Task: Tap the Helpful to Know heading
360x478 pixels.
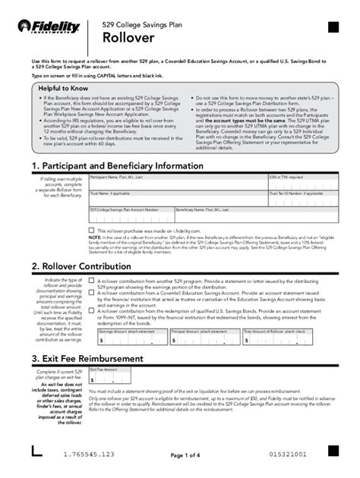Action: (65, 88)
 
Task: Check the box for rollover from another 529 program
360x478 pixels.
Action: (92, 281)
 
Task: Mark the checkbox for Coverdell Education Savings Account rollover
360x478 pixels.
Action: (92, 295)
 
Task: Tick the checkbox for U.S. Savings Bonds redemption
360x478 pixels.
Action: (92, 310)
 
